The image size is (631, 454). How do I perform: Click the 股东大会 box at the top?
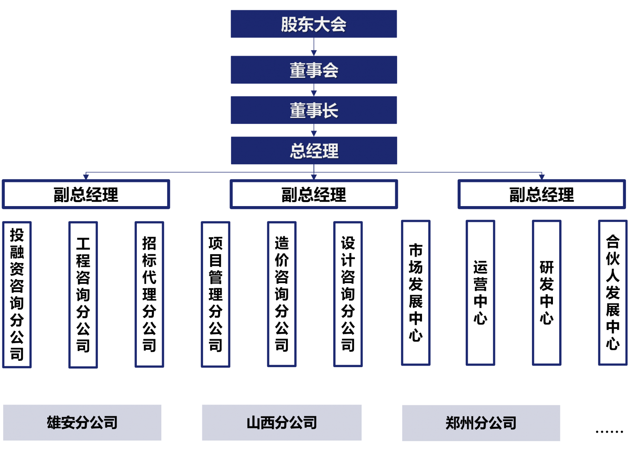[314, 24]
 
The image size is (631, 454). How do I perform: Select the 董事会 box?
[314, 70]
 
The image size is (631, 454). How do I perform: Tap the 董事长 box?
[314, 110]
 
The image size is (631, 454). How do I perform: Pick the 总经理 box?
[314, 150]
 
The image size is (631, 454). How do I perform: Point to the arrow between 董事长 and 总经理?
[314, 131]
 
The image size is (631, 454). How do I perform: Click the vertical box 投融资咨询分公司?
[17, 295]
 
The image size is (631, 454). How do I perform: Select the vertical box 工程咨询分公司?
[83, 295]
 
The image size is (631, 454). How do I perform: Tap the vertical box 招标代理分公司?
[149, 295]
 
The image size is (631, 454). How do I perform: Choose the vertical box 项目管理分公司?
[216, 295]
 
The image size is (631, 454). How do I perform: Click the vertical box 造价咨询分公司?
[282, 295]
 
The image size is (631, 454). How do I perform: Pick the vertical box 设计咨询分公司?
[348, 295]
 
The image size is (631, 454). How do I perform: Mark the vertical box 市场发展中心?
[416, 293]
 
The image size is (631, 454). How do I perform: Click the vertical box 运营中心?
[480, 293]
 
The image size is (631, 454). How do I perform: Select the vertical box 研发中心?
[547, 293]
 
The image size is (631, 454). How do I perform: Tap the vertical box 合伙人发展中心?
[612, 293]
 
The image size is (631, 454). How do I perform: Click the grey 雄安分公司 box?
[82, 422]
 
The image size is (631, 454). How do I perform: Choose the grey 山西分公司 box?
[282, 422]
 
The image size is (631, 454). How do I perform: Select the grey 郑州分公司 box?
[481, 423]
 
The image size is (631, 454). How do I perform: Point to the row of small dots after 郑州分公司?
[609, 432]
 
